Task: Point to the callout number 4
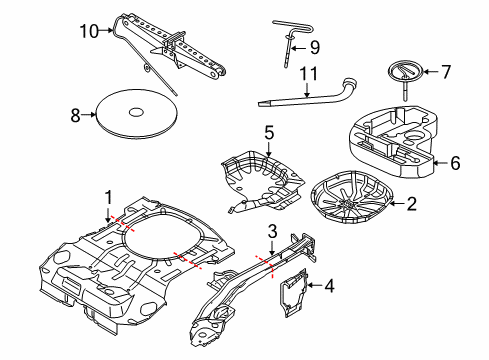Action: (330, 286)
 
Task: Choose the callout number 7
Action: (447, 71)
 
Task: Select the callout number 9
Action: (313, 46)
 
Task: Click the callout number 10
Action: (89, 30)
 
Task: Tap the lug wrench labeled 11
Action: (310, 93)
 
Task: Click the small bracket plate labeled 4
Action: (298, 290)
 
